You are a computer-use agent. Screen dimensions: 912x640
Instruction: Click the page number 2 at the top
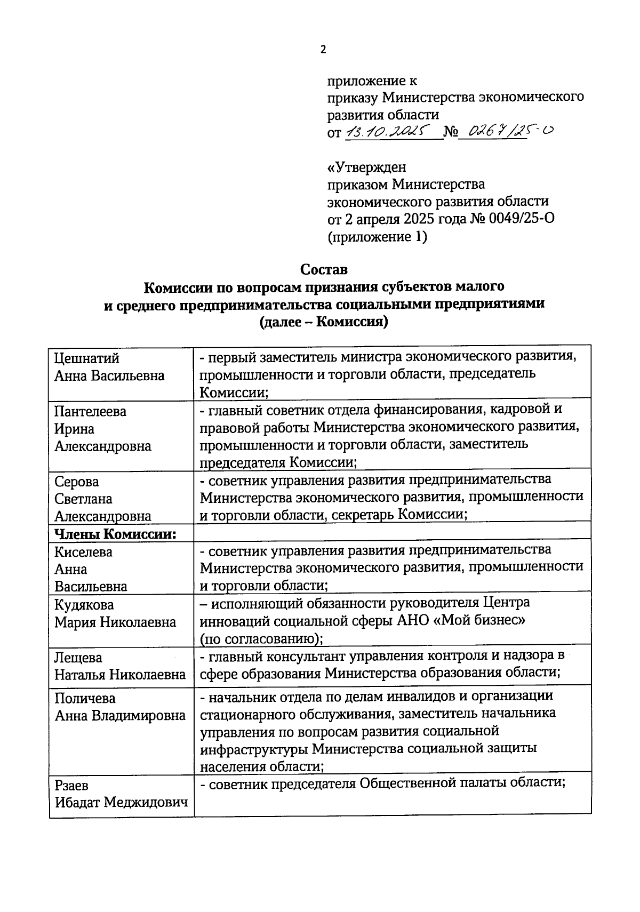[322, 50]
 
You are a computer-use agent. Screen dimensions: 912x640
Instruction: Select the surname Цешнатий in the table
[87, 358]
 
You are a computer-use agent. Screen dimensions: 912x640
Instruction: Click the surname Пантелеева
[91, 411]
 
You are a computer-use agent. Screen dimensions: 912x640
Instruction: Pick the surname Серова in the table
[77, 482]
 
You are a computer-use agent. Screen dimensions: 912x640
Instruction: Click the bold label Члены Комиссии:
[116, 533]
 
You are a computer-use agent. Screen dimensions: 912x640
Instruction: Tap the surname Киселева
[84, 552]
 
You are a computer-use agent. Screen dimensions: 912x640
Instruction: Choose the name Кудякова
[84, 605]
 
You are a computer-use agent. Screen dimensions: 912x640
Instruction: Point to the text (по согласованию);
[262, 638]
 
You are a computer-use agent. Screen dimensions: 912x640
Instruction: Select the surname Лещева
[78, 658]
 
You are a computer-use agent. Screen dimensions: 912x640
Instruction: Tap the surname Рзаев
[71, 785]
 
